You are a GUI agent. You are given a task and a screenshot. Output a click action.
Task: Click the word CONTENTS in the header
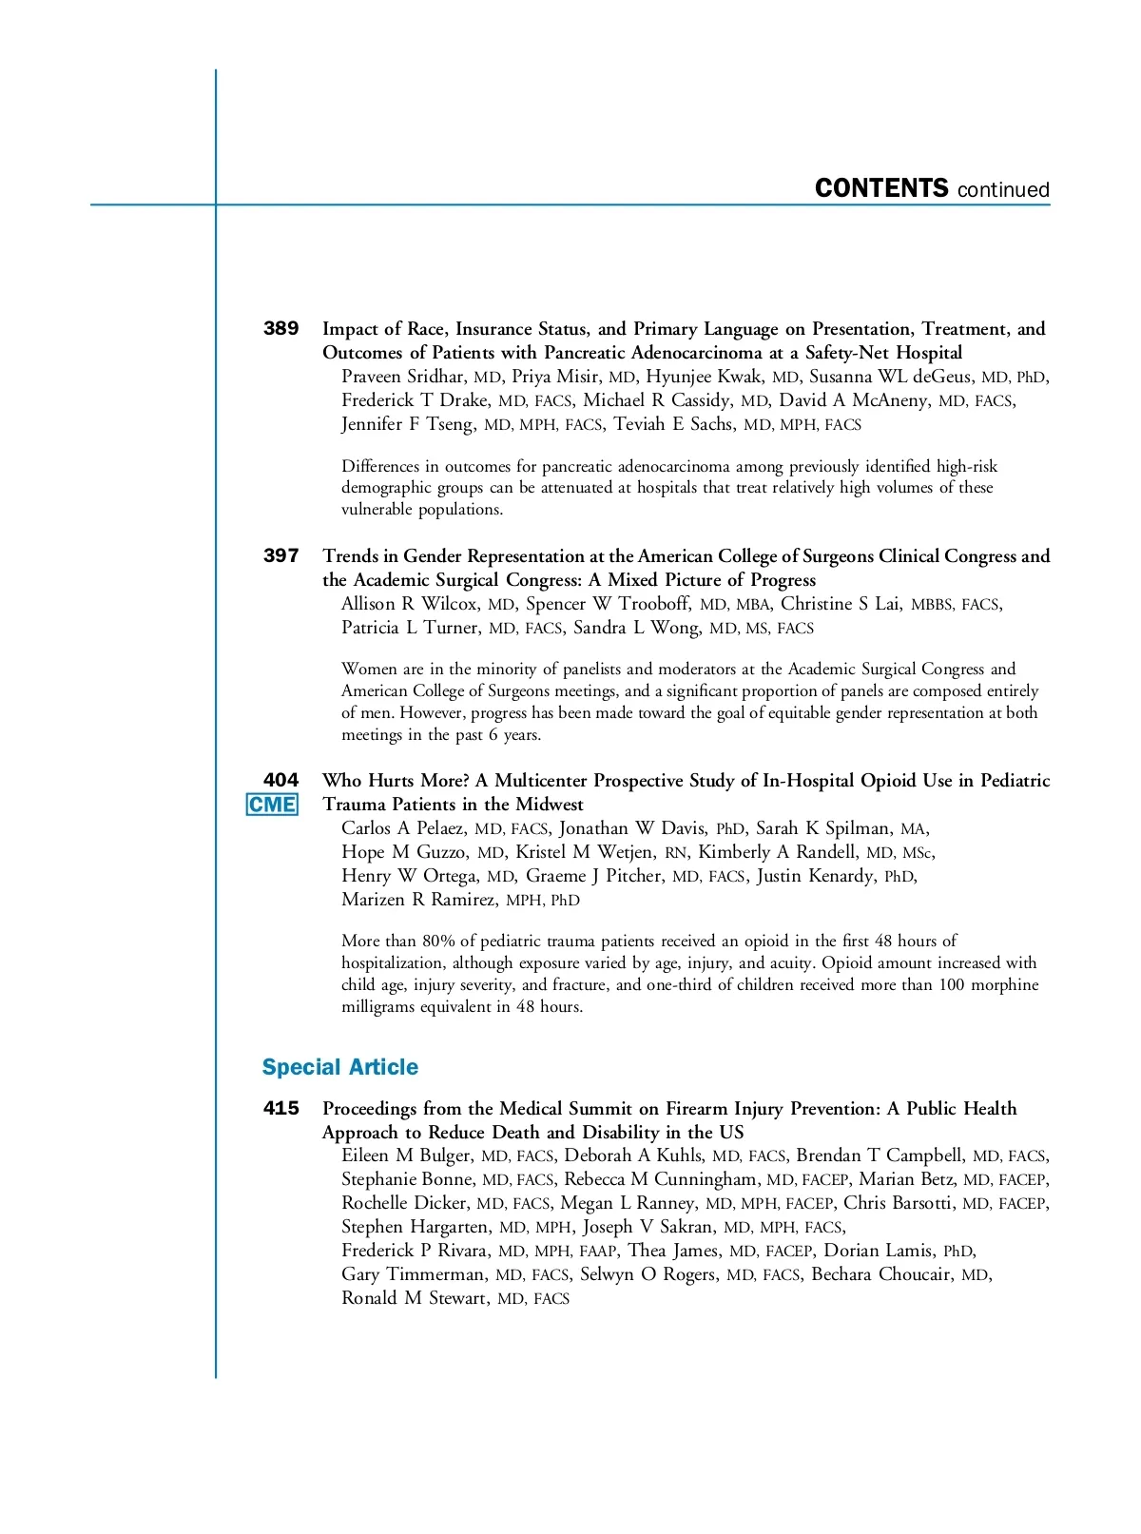coord(881,188)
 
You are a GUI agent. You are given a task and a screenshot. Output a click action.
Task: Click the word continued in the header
coord(1003,190)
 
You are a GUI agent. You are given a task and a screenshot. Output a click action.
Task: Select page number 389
coord(280,328)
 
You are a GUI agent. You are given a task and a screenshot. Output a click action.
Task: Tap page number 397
coord(280,555)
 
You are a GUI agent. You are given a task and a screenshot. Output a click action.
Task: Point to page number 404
coord(280,780)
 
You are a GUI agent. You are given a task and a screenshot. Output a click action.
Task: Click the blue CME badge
coord(272,805)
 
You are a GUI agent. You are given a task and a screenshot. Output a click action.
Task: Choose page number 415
coord(280,1108)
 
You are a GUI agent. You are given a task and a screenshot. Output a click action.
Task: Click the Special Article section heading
coord(339,1067)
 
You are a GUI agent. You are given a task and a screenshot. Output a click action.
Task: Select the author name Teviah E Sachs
coord(673,424)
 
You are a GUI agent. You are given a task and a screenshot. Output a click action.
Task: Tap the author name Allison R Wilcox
coord(409,604)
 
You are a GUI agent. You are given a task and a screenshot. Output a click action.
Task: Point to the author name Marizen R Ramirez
coord(418,900)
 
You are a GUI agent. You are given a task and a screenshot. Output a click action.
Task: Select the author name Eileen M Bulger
coord(406,1155)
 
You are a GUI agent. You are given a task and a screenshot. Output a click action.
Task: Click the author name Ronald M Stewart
coord(416,1298)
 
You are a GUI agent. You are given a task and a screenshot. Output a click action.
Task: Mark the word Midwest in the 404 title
coord(549,805)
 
